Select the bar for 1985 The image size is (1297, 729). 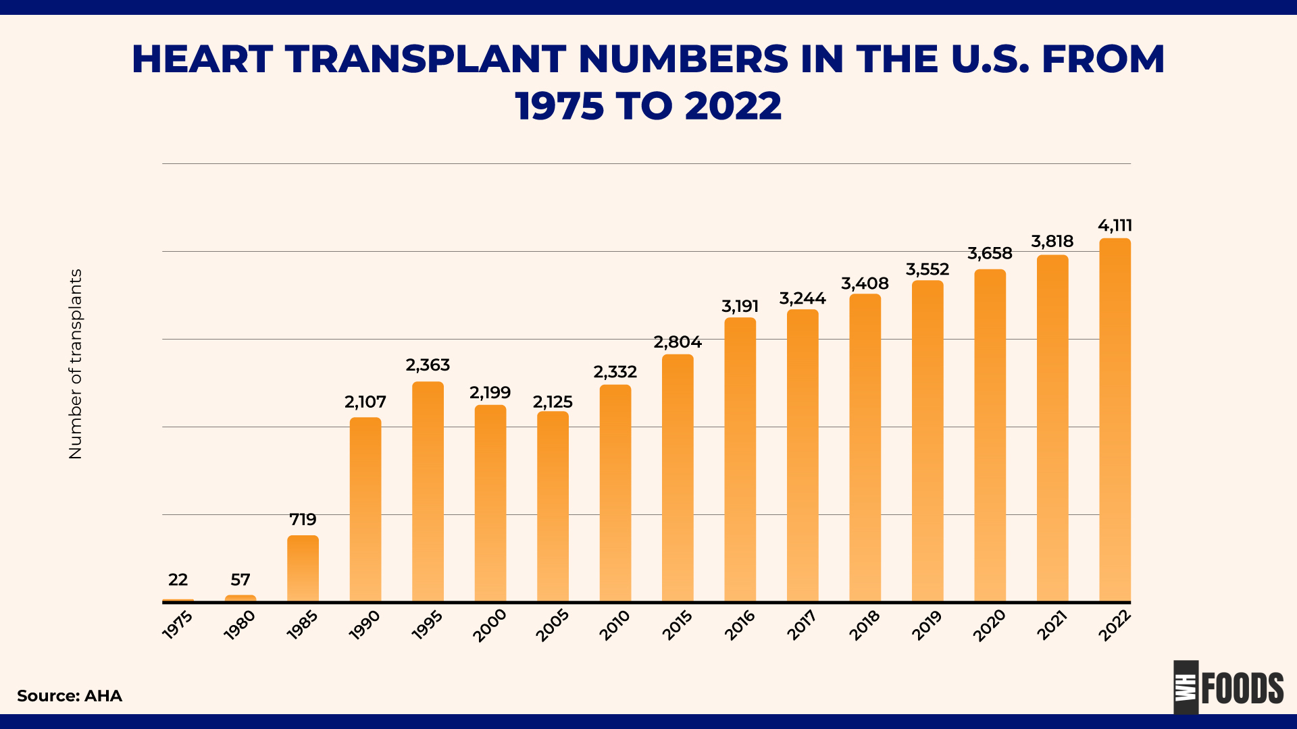[x=303, y=568]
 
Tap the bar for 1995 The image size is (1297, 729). [x=428, y=491]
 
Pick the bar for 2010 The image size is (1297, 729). [x=615, y=493]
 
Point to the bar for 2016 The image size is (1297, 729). [x=740, y=460]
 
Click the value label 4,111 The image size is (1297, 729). [x=1115, y=225]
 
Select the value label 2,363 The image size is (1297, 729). [x=428, y=365]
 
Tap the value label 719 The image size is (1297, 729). [x=303, y=520]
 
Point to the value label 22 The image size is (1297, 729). [x=178, y=580]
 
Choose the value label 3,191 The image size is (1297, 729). [x=740, y=306]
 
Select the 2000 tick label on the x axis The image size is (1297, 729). [x=490, y=626]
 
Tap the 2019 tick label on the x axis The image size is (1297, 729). [x=927, y=625]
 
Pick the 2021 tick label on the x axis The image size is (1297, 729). [x=1052, y=625]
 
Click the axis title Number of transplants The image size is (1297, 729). [x=76, y=364]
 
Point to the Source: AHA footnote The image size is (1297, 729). [x=70, y=696]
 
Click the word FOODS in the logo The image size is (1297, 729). [x=1242, y=688]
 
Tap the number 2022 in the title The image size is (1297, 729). [x=732, y=107]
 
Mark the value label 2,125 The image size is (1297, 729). [x=553, y=402]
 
